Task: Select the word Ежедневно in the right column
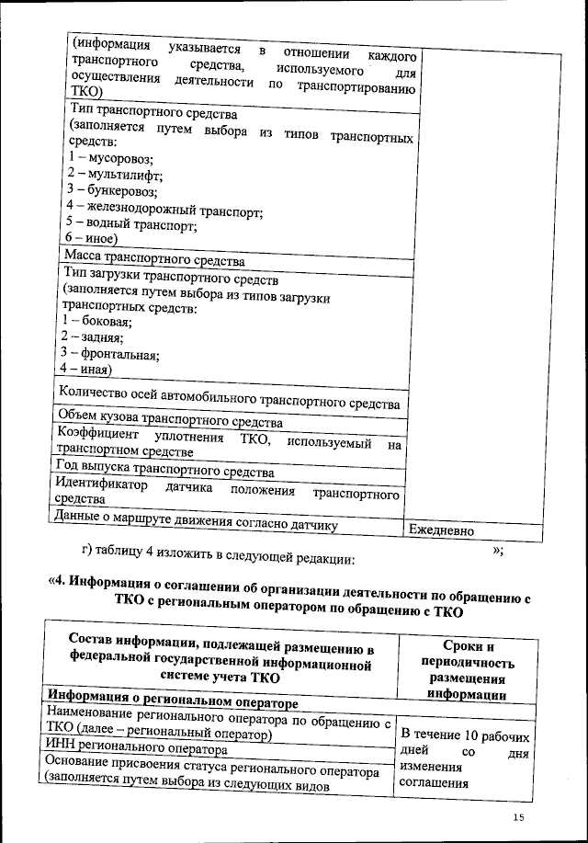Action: (442, 531)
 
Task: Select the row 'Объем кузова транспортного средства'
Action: (170, 423)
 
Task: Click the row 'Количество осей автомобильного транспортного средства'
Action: (229, 403)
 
